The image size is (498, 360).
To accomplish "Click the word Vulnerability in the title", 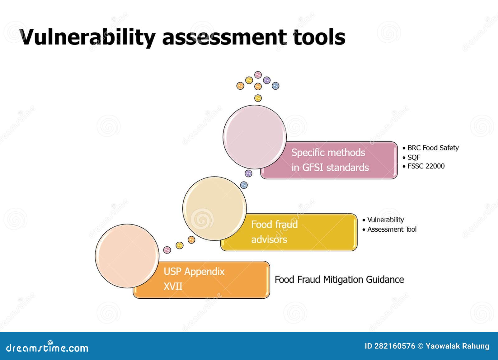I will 87,37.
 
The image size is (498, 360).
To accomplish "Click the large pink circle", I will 255,137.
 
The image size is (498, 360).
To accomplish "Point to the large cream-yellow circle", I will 214,209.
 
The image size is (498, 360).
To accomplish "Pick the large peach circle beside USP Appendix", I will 127,256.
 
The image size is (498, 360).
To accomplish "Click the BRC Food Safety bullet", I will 433,148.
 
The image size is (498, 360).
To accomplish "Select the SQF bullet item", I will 414,157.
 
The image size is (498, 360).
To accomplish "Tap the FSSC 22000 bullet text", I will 426,166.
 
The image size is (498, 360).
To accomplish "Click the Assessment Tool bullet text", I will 392,230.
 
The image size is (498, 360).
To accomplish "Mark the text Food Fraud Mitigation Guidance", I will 339,279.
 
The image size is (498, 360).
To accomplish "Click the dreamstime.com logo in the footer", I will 47,348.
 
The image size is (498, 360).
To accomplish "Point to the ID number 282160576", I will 394,346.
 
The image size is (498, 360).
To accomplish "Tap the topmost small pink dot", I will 258,75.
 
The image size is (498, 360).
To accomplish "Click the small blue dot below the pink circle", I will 244,185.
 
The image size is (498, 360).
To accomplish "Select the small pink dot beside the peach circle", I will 167,250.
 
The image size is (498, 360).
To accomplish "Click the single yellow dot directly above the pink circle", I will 258,98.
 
